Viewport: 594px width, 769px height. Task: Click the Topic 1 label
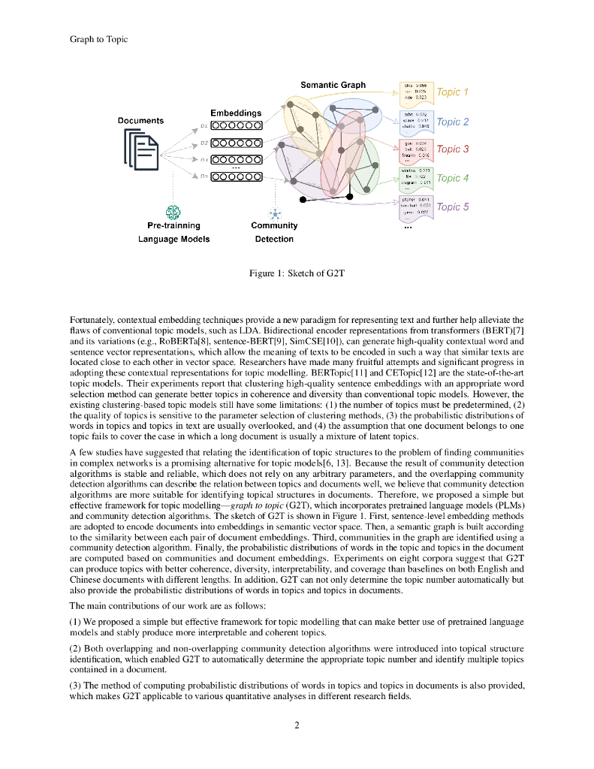pyautogui.click(x=452, y=92)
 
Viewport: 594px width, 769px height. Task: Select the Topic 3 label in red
pyautogui.click(x=452, y=149)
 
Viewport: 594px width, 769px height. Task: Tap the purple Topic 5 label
pyautogui.click(x=452, y=207)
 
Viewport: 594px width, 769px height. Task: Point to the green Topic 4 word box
pyautogui.click(x=415, y=178)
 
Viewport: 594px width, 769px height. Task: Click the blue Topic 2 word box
pyautogui.click(x=415, y=121)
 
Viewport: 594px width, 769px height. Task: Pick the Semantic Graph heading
pyautogui.click(x=333, y=85)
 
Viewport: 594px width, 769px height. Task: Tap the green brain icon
pyautogui.click(x=173, y=213)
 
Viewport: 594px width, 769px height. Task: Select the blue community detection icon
pyautogui.click(x=274, y=213)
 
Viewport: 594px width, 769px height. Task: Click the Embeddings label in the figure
pyautogui.click(x=236, y=113)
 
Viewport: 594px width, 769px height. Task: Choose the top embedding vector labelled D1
pyautogui.click(x=236, y=126)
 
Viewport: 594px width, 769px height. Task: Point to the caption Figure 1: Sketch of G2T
pyautogui.click(x=297, y=274)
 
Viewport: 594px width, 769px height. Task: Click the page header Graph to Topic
pyautogui.click(x=98, y=39)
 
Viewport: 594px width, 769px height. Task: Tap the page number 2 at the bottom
pyautogui.click(x=297, y=725)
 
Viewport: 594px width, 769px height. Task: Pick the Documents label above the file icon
pyautogui.click(x=140, y=121)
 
